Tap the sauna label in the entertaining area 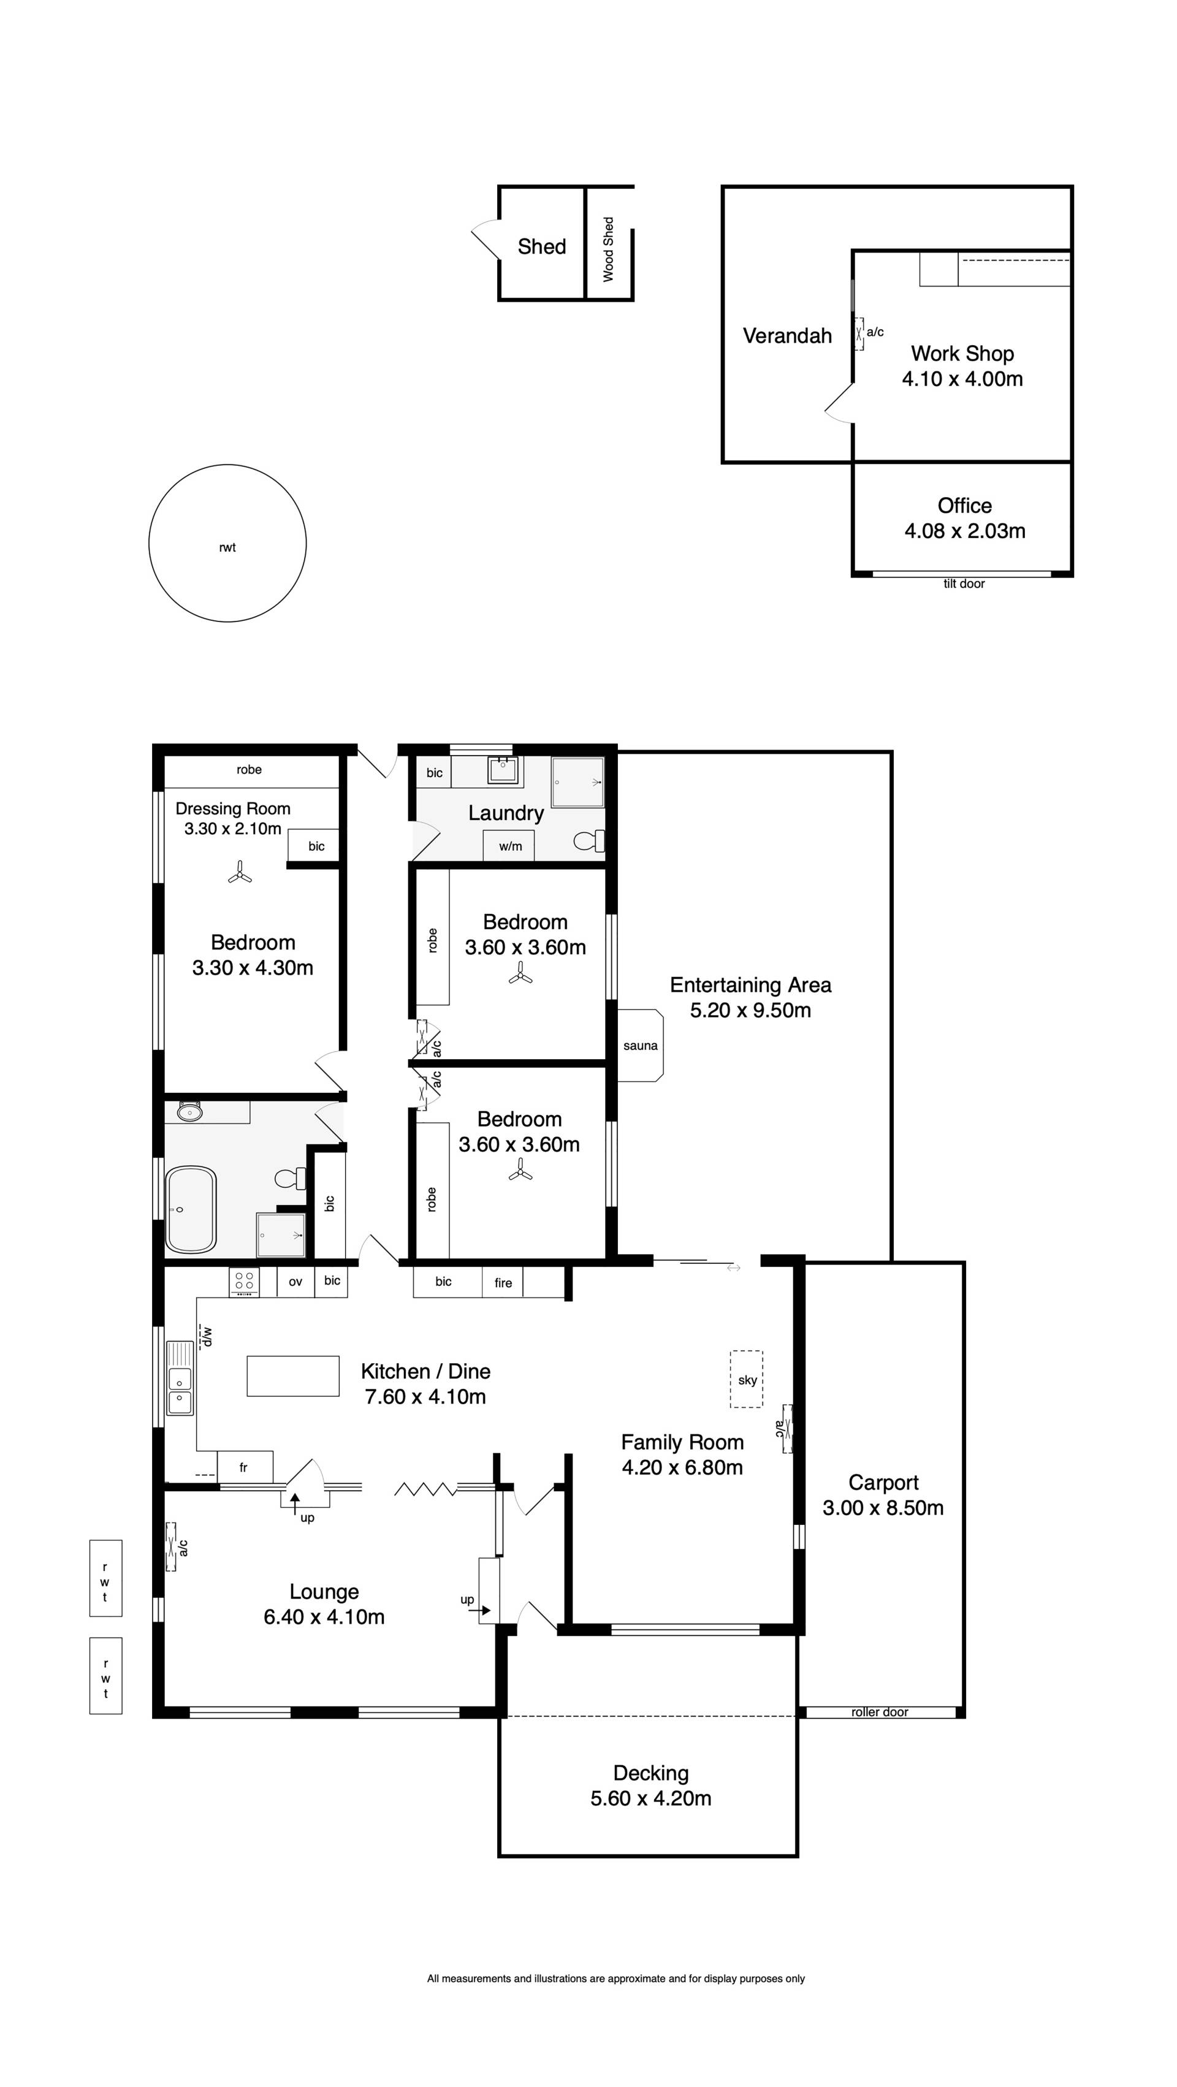coord(640,1046)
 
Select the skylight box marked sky coord(746,1379)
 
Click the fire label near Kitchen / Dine coord(503,1282)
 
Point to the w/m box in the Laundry coord(509,846)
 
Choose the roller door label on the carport coord(879,1712)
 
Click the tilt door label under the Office coord(964,584)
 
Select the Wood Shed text coord(608,249)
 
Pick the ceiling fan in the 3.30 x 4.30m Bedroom coord(239,873)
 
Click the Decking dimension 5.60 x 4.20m coord(650,1798)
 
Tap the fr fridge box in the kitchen coord(245,1467)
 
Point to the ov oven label coord(295,1282)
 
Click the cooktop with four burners coord(244,1282)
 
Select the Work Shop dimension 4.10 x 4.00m coord(962,378)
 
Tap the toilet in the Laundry coord(589,841)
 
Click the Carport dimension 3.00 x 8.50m coord(883,1508)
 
